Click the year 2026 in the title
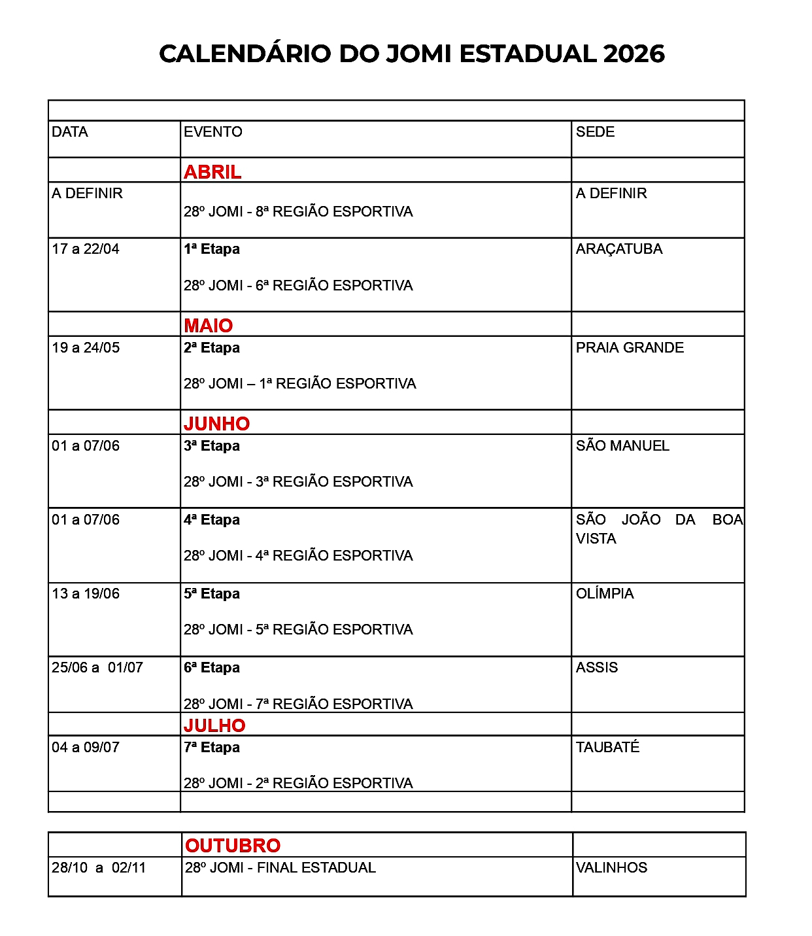point(634,54)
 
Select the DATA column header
point(70,132)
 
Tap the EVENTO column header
point(212,132)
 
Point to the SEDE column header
point(595,132)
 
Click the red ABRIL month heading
point(212,171)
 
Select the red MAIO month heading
point(208,325)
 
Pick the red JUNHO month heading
point(216,423)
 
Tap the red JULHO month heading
point(214,725)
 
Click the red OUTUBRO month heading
point(233,846)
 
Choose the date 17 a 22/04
point(86,249)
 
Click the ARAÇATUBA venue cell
point(619,249)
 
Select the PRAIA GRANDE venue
point(630,348)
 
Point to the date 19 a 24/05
point(86,348)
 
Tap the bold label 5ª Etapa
point(212,594)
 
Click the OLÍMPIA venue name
point(605,594)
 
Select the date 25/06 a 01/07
point(97,668)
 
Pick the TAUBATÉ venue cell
point(607,747)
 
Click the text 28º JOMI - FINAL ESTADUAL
point(280,868)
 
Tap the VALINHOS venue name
point(611,868)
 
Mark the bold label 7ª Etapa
point(212,748)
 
